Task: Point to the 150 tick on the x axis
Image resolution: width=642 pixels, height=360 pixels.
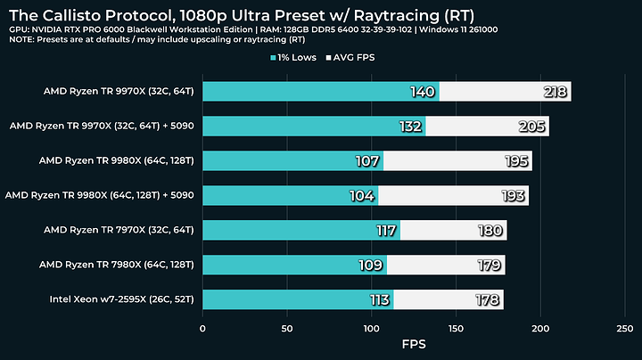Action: click(x=457, y=329)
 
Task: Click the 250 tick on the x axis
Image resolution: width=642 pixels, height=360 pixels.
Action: click(x=625, y=329)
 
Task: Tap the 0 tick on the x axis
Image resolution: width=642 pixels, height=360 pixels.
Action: click(x=203, y=329)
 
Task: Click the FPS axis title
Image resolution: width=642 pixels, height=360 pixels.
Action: click(x=414, y=344)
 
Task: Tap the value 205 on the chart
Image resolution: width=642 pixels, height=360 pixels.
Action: click(x=532, y=127)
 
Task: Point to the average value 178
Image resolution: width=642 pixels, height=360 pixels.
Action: click(x=488, y=299)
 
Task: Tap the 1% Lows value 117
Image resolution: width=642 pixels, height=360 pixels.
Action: click(x=385, y=230)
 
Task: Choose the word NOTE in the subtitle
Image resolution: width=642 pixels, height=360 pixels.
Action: click(x=20, y=40)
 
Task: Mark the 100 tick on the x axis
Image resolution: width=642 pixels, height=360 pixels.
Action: click(x=372, y=329)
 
